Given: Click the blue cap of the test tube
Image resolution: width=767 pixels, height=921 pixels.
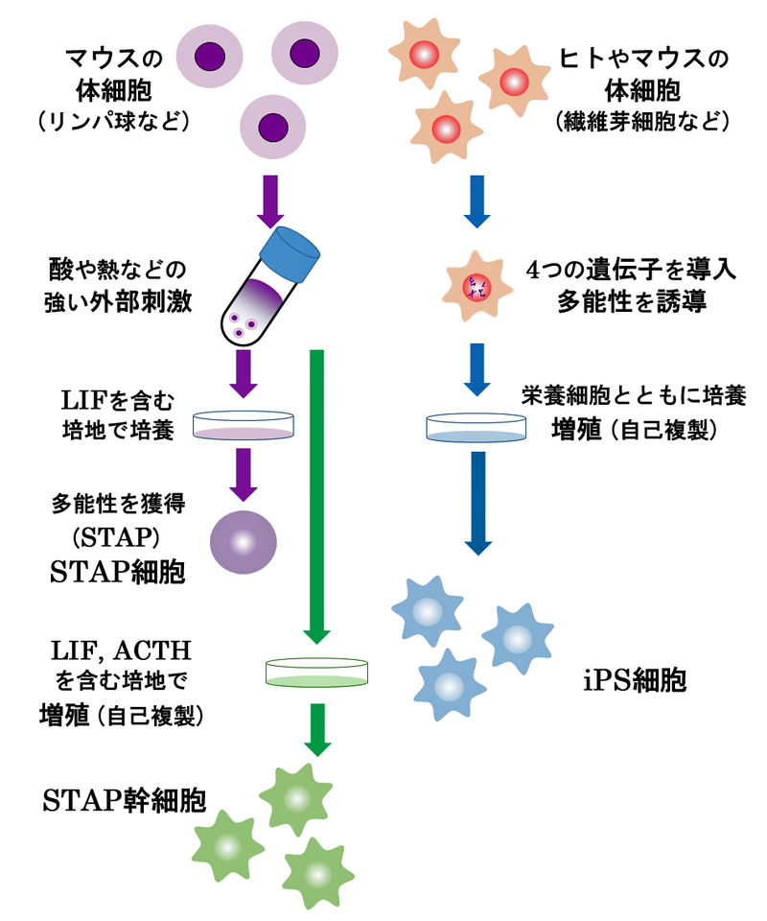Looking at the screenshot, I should (x=291, y=252).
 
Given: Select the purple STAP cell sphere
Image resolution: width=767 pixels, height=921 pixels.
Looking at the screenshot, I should (x=243, y=542).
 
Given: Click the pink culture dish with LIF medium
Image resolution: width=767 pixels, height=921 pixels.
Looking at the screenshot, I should (x=244, y=426).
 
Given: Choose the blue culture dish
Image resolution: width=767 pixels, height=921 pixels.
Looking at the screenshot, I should (x=477, y=427).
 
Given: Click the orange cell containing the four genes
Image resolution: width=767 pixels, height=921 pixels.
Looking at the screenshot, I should (x=476, y=285).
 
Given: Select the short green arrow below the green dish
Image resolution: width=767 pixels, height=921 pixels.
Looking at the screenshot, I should (x=317, y=729).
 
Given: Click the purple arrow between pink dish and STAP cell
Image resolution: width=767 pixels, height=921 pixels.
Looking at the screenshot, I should (x=244, y=475).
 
